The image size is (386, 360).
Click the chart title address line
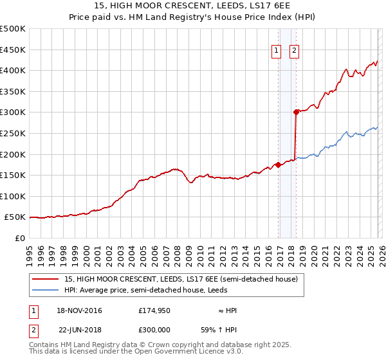(193, 6)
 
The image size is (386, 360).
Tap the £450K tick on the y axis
(13, 50)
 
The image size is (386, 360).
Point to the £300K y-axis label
(13, 113)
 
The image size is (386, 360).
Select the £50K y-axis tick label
(15, 218)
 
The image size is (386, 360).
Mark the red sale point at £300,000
(296, 112)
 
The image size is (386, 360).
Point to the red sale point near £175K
(278, 165)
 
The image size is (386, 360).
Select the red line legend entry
(180, 280)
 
